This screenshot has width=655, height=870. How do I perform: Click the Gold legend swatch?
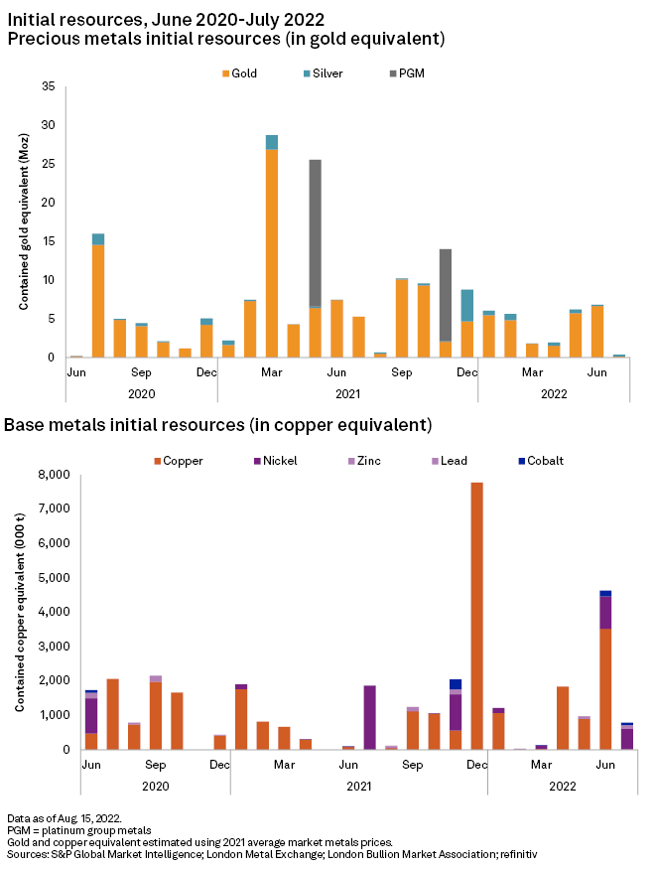(225, 72)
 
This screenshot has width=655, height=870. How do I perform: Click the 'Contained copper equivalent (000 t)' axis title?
(19, 612)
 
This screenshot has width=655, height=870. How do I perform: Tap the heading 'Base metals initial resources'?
(217, 426)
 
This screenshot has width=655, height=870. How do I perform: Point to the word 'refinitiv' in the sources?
(516, 853)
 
